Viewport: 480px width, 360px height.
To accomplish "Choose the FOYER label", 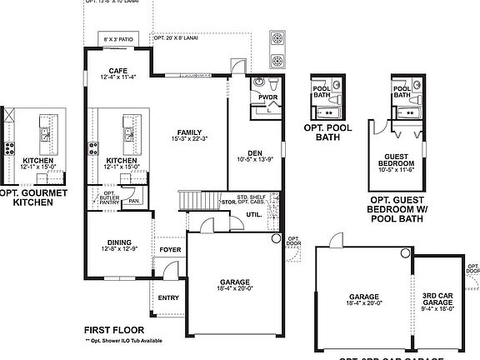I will (170, 248).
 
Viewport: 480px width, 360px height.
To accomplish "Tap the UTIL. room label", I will (254, 215).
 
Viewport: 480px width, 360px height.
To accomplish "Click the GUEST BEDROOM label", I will (403, 164).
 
